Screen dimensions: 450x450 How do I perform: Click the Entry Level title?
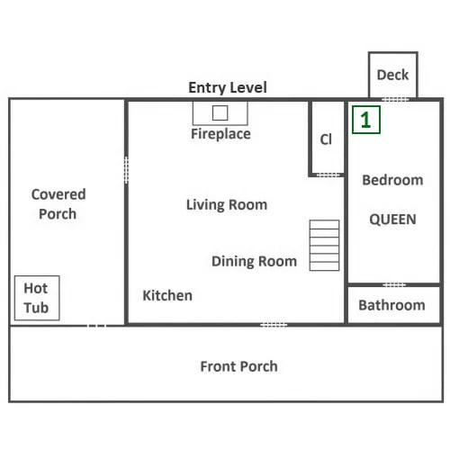point(228,88)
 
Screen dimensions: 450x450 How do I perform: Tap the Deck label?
point(392,75)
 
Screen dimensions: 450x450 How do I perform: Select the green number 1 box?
point(366,120)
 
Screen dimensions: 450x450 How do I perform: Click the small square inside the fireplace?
point(220,113)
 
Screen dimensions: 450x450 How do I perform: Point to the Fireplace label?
point(220,134)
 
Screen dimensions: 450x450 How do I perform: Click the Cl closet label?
point(326,139)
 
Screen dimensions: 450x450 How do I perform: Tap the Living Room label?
point(227,205)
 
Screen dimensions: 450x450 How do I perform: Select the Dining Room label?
point(254,261)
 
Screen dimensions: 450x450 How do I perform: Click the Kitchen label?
point(167,295)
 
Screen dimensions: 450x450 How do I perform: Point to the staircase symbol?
point(324,246)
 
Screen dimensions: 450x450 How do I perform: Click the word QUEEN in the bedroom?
point(392,220)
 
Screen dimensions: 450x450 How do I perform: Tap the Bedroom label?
point(392,180)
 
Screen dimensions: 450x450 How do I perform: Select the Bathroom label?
point(391,305)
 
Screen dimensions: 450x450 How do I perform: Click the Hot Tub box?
point(37,298)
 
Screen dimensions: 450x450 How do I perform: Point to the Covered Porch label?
point(58,204)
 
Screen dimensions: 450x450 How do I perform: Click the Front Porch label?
point(238,366)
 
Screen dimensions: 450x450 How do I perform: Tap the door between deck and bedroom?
point(395,99)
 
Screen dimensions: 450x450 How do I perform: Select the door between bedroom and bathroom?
point(394,284)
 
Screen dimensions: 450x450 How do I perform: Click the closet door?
point(328,175)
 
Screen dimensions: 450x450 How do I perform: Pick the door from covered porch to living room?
point(126,170)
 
